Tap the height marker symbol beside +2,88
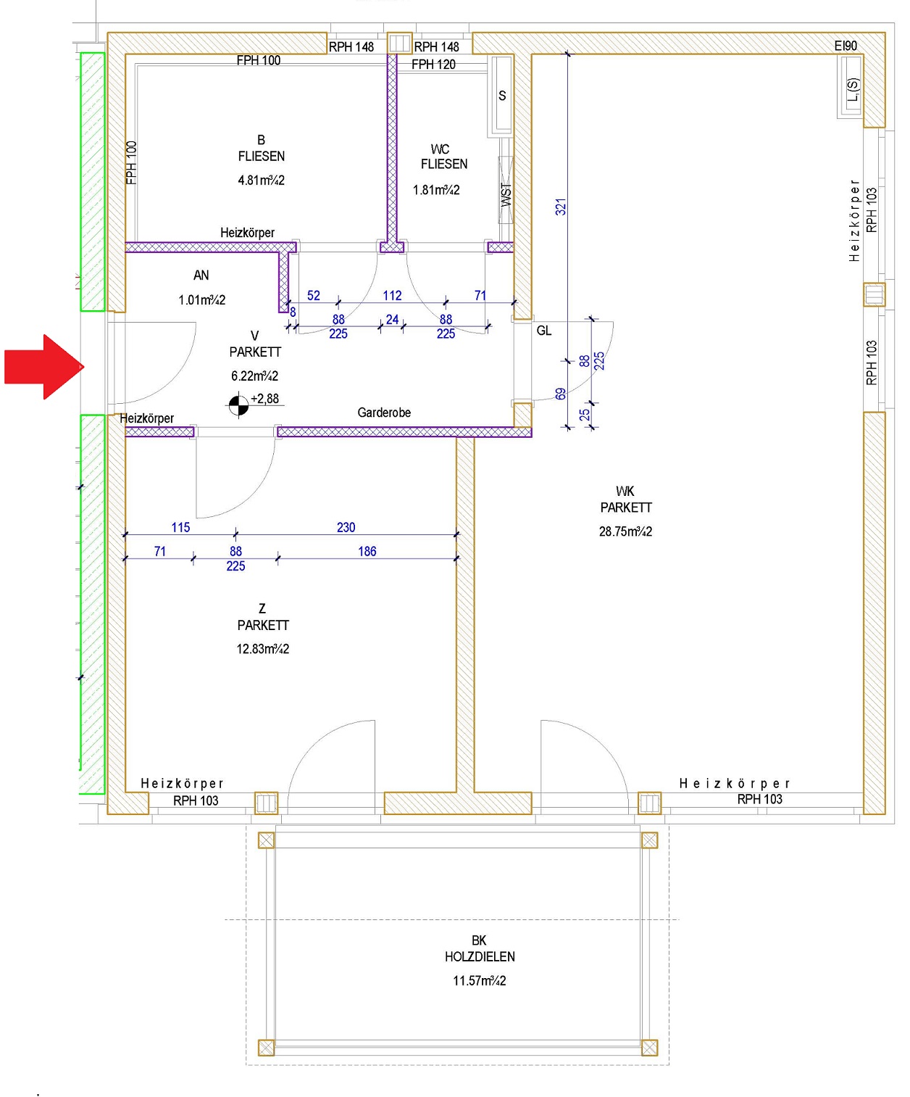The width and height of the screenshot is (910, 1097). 238,405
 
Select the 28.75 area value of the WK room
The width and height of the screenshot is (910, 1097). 625,531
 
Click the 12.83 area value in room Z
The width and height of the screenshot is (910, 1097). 262,649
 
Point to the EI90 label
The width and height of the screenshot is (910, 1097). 846,46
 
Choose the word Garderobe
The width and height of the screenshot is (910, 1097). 384,413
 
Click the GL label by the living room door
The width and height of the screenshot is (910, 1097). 544,331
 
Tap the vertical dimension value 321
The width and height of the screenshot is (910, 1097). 561,207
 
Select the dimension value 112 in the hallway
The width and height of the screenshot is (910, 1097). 392,295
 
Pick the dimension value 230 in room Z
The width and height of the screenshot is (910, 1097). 346,527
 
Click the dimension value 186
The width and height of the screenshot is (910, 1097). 367,551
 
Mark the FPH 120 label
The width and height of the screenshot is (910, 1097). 433,64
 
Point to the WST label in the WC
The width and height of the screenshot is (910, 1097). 506,195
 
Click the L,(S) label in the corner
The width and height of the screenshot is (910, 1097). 852,89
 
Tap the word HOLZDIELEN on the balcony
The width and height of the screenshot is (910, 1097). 480,957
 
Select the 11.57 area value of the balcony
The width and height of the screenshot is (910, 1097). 480,980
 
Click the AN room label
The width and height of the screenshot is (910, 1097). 201,276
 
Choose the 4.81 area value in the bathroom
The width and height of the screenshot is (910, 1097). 261,181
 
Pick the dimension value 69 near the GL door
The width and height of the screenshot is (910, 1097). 561,394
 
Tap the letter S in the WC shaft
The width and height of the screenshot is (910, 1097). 503,96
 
